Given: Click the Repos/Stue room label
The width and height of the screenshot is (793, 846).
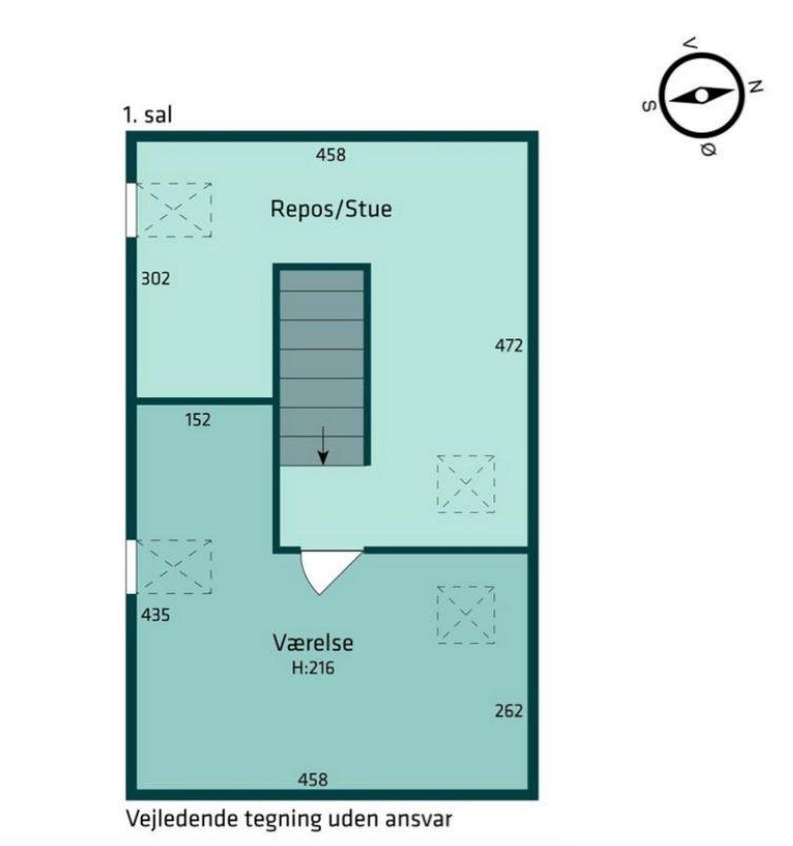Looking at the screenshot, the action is (x=331, y=209).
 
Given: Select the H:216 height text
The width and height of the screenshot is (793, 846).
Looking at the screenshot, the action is (x=313, y=668).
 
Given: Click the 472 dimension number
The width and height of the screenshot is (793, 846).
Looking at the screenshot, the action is (x=508, y=345).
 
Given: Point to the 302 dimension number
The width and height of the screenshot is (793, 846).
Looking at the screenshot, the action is (x=156, y=279).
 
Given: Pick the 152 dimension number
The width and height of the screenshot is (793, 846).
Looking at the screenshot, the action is (x=198, y=420).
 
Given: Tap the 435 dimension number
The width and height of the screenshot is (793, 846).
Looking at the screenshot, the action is (x=156, y=615).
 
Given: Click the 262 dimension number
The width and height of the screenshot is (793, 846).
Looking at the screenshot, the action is (x=508, y=711).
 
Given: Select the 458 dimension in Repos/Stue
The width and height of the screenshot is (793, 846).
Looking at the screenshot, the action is (x=331, y=155).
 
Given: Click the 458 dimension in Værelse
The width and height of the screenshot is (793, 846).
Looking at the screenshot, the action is (x=313, y=780).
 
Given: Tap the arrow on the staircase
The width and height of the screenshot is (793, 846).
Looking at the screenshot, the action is (x=323, y=445).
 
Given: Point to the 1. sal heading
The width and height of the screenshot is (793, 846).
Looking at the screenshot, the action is (x=147, y=115).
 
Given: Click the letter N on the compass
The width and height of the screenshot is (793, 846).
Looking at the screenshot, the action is (x=756, y=87).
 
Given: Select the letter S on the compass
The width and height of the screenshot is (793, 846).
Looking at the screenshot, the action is (x=648, y=106).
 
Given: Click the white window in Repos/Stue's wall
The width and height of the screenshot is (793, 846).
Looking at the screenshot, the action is (x=131, y=210).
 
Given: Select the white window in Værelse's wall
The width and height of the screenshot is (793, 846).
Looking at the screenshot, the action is (x=131, y=567).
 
